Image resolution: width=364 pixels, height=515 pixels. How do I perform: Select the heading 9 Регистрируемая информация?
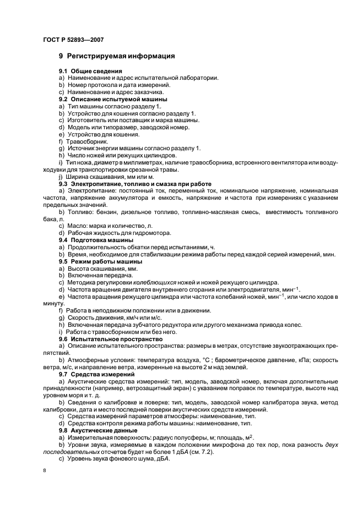(117, 56)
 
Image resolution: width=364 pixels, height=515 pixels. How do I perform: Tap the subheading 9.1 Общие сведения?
(90, 72)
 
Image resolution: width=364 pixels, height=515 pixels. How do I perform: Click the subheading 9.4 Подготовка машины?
(96, 240)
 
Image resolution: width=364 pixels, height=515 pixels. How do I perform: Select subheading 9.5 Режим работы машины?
(100, 261)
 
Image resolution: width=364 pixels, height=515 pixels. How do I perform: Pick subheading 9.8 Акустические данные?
(98, 430)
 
